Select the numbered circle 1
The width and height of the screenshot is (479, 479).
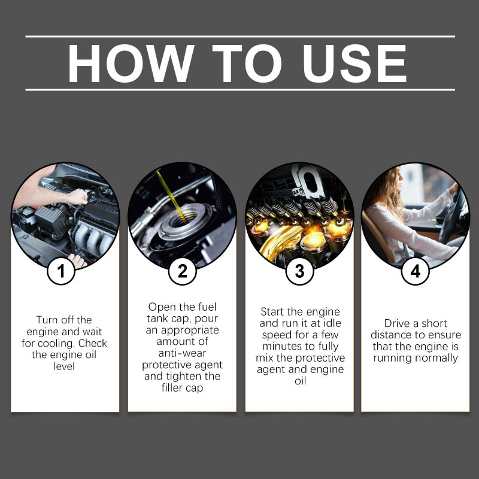pyautogui.click(x=61, y=272)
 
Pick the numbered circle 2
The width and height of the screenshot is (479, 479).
pyautogui.click(x=182, y=272)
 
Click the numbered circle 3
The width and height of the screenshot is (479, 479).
pyautogui.click(x=299, y=272)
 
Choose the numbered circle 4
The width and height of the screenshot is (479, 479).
pyautogui.click(x=415, y=272)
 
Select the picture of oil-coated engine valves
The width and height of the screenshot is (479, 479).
pyautogui.click(x=299, y=216)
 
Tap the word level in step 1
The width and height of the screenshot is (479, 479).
pyautogui.click(x=64, y=365)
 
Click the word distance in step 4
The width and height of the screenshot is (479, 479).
pyautogui.click(x=392, y=335)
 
